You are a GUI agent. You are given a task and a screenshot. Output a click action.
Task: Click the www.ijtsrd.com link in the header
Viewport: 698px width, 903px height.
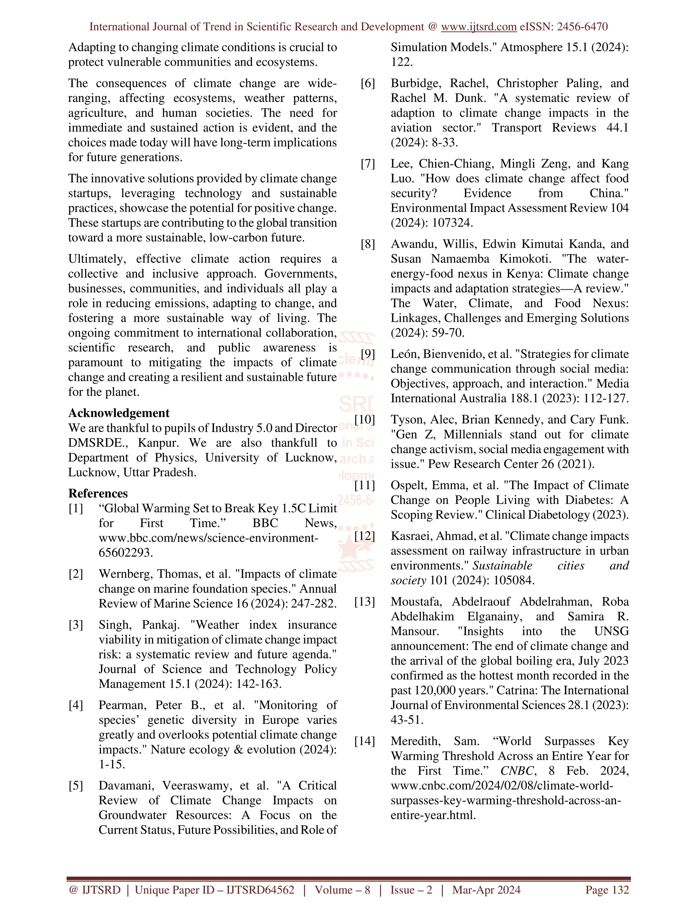tap(479, 27)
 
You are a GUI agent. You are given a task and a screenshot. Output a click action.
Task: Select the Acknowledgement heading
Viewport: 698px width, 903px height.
tap(119, 413)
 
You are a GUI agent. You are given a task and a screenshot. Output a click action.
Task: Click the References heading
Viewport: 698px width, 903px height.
tap(98, 493)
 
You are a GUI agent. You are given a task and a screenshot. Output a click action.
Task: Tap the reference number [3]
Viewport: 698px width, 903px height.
tap(76, 625)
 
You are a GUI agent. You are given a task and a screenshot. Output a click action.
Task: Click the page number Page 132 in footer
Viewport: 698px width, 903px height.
tap(607, 890)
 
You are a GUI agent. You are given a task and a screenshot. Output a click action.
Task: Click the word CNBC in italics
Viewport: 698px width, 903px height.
tap(517, 771)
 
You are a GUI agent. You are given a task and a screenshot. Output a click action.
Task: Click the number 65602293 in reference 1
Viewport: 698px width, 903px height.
tap(125, 553)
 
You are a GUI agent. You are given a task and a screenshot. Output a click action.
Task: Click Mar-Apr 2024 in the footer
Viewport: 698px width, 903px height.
tap(486, 890)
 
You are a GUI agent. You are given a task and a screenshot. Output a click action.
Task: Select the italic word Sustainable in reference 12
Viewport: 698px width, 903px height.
tap(502, 566)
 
